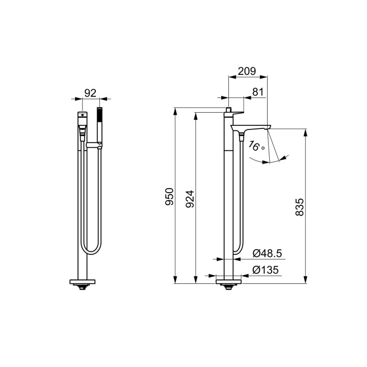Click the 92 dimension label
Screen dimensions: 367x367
90,93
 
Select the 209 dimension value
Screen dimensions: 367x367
247,71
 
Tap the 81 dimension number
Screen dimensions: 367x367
258,92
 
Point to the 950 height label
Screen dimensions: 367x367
169,197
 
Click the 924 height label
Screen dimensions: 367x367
190,199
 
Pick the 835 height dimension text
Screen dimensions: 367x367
300,207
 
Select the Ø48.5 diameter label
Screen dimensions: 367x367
267,253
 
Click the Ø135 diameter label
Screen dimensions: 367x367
266,270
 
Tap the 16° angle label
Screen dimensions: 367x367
256,146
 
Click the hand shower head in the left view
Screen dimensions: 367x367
99,115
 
